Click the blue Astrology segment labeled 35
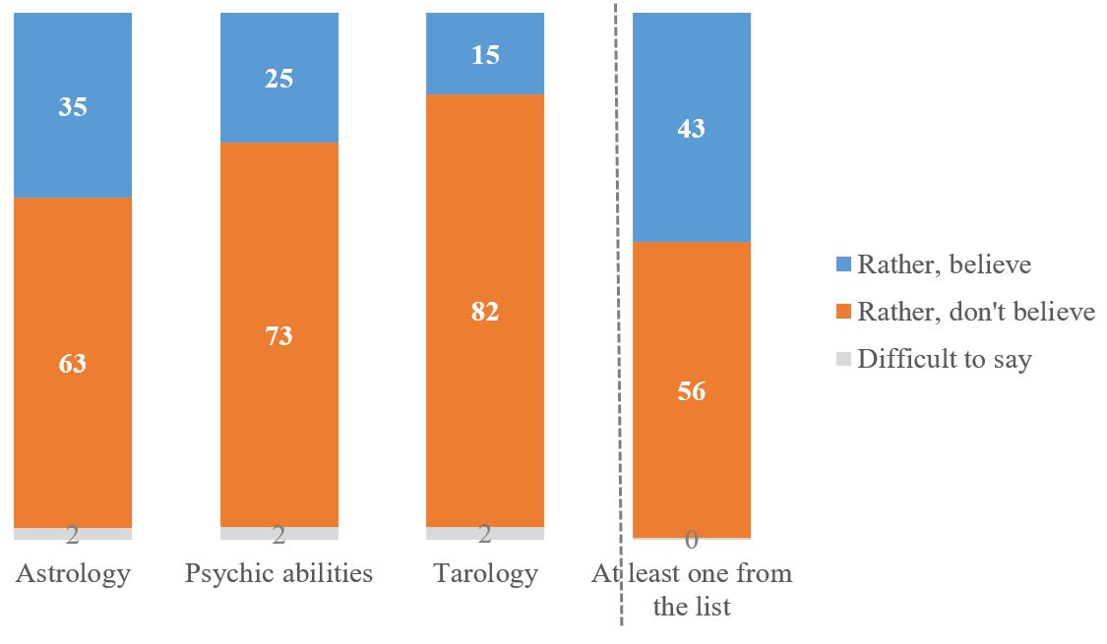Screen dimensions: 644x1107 [x=73, y=106]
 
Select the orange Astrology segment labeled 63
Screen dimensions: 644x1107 [x=73, y=363]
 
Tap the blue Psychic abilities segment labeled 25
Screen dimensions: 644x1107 [x=278, y=79]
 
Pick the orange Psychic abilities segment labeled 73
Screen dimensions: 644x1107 [x=278, y=335]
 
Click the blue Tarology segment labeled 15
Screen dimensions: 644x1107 [x=485, y=55]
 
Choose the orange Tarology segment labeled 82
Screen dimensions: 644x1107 [x=485, y=311]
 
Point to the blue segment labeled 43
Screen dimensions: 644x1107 [x=692, y=128]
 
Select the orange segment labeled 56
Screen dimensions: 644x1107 [x=692, y=390]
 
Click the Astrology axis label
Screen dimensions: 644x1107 [x=73, y=573]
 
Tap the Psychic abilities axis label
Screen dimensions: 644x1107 [x=278, y=573]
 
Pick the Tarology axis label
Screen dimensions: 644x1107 [x=485, y=573]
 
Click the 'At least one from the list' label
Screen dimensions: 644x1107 [x=692, y=590]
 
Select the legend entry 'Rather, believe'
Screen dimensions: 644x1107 [x=944, y=263]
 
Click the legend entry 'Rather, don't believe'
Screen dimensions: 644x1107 [x=975, y=312]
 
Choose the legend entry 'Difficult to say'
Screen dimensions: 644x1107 [x=944, y=359]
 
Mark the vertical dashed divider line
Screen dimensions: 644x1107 [x=621, y=295]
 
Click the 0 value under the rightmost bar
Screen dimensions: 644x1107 [x=692, y=540]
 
